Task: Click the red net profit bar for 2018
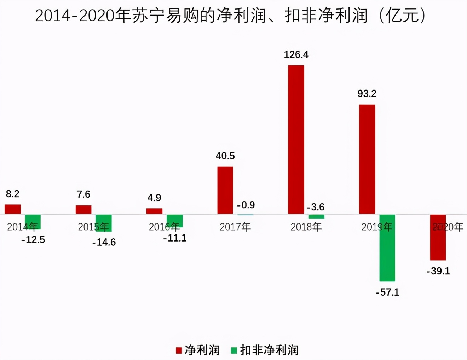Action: [x=296, y=140]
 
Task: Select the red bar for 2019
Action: [x=367, y=159]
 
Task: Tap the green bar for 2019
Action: [x=387, y=248]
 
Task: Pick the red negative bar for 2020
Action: [x=438, y=238]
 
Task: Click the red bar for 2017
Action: [x=225, y=190]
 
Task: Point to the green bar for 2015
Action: [x=104, y=223]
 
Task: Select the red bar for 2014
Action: [x=13, y=209]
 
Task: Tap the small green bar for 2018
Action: [x=316, y=216]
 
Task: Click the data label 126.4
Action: [x=296, y=55]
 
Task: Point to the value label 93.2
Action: [x=367, y=94]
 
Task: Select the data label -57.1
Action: [x=387, y=292]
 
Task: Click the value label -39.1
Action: [x=438, y=271]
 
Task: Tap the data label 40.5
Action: [x=225, y=156]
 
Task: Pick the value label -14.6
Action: [x=104, y=243]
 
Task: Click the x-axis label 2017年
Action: [x=235, y=227]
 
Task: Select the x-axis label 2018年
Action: [x=306, y=227]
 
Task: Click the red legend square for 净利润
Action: [x=179, y=350]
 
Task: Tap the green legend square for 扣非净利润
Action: [x=234, y=350]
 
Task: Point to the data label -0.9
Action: [x=246, y=205]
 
